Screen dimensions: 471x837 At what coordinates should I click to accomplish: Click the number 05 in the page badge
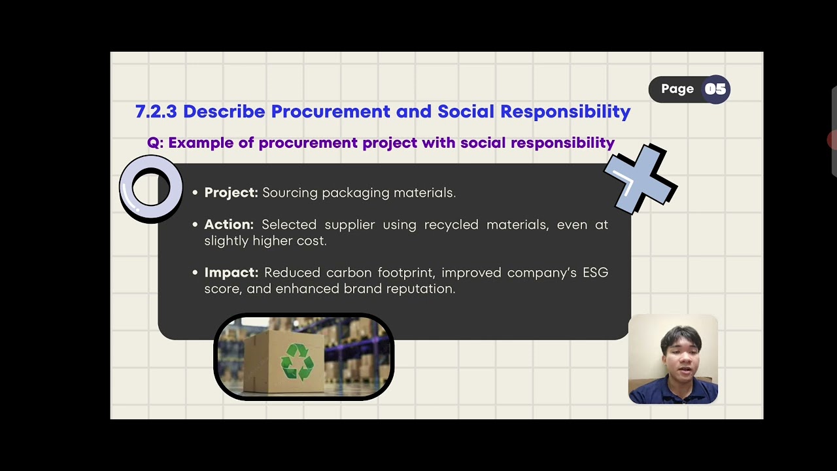click(x=715, y=90)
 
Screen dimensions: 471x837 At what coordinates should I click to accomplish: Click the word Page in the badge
click(x=677, y=90)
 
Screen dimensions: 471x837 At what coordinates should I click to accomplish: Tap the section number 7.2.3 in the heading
click(x=156, y=111)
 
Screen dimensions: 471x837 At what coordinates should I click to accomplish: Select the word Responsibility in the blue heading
click(x=565, y=111)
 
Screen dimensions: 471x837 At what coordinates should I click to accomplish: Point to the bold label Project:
click(x=231, y=192)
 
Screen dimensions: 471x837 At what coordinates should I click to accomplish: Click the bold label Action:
click(x=229, y=224)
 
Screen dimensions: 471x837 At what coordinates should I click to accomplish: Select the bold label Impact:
click(x=231, y=272)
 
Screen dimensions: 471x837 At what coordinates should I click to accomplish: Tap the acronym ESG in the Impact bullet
click(x=595, y=272)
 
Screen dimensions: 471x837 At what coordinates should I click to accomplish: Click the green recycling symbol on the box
click(x=297, y=362)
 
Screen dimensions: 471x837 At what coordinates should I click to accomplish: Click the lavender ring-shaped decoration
click(x=151, y=188)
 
